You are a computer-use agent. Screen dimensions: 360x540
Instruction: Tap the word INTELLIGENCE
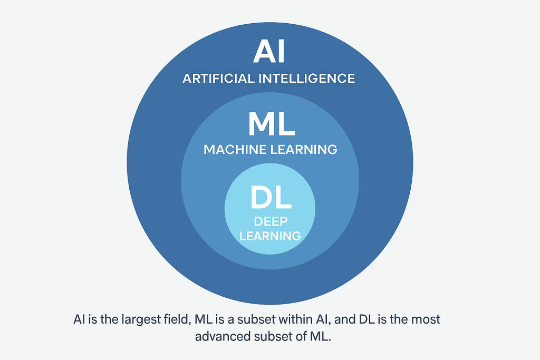[x=306, y=79]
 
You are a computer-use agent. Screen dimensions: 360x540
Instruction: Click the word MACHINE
[x=233, y=150]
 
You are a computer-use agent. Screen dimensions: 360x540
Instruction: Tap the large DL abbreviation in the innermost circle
[x=270, y=199]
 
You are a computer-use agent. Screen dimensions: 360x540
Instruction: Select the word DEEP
[x=270, y=222]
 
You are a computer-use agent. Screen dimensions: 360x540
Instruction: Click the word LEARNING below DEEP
[x=270, y=236]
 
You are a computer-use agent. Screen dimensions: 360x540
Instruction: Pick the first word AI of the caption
[x=79, y=319]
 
